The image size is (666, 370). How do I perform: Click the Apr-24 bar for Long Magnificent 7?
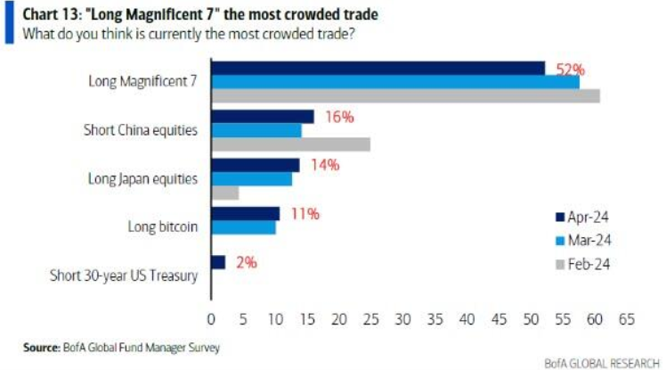(378, 68)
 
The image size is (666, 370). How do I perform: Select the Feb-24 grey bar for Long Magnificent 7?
(405, 95)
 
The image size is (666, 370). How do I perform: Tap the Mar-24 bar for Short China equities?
(256, 130)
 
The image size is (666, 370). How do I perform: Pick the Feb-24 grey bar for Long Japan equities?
(224, 193)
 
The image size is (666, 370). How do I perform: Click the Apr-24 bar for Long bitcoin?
(245, 213)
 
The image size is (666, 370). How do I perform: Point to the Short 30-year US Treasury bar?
(218, 262)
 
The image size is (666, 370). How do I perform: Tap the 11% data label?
(305, 213)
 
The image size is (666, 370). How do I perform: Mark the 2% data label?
(247, 262)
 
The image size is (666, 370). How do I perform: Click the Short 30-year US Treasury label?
(124, 275)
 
